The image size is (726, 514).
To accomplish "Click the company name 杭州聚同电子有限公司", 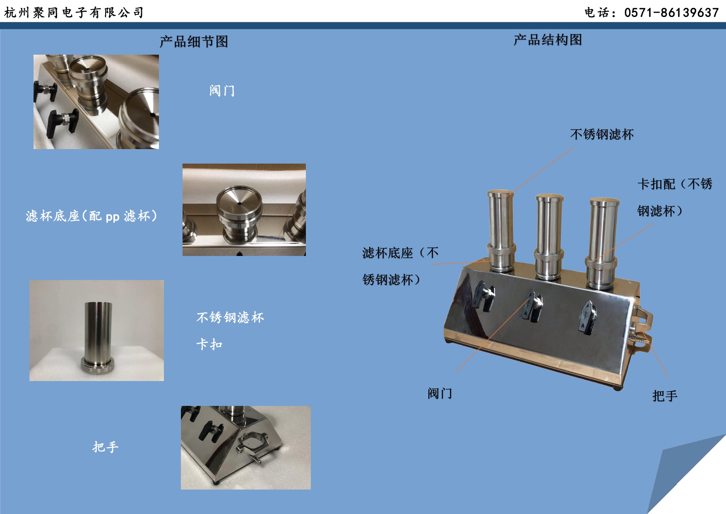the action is [x=74, y=12].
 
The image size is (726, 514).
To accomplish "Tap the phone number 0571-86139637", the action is [x=671, y=13].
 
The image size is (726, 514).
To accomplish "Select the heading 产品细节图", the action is [x=194, y=41].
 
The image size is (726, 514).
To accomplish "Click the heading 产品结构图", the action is [x=548, y=40].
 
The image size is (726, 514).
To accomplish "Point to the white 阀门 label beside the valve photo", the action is [x=222, y=90].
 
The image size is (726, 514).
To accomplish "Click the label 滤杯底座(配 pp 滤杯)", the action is [x=91, y=216].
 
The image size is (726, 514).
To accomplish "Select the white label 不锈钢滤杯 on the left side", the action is [x=230, y=317].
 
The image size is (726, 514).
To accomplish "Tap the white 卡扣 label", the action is [x=209, y=344].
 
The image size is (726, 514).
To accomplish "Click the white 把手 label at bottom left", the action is [x=106, y=446].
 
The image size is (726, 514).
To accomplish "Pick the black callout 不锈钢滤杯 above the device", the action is [x=602, y=134].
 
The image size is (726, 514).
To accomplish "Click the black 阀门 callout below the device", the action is [x=440, y=393].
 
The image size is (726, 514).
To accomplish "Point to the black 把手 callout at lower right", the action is [x=665, y=396].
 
